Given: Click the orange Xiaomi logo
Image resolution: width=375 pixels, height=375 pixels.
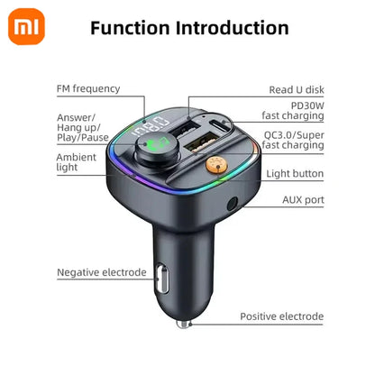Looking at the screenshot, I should pos(30,29).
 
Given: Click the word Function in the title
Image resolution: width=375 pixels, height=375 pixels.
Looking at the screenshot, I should pos(134,29).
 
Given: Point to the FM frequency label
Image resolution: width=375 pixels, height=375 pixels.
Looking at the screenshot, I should pos(87,88).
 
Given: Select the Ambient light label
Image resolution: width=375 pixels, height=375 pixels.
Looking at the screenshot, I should pos(77,162).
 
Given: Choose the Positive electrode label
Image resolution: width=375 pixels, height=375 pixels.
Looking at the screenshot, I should pos(281,316).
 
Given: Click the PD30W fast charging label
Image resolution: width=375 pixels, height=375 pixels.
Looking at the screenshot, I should pos(292,109).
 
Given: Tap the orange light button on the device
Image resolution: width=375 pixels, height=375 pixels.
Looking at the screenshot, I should pos(215,166).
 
